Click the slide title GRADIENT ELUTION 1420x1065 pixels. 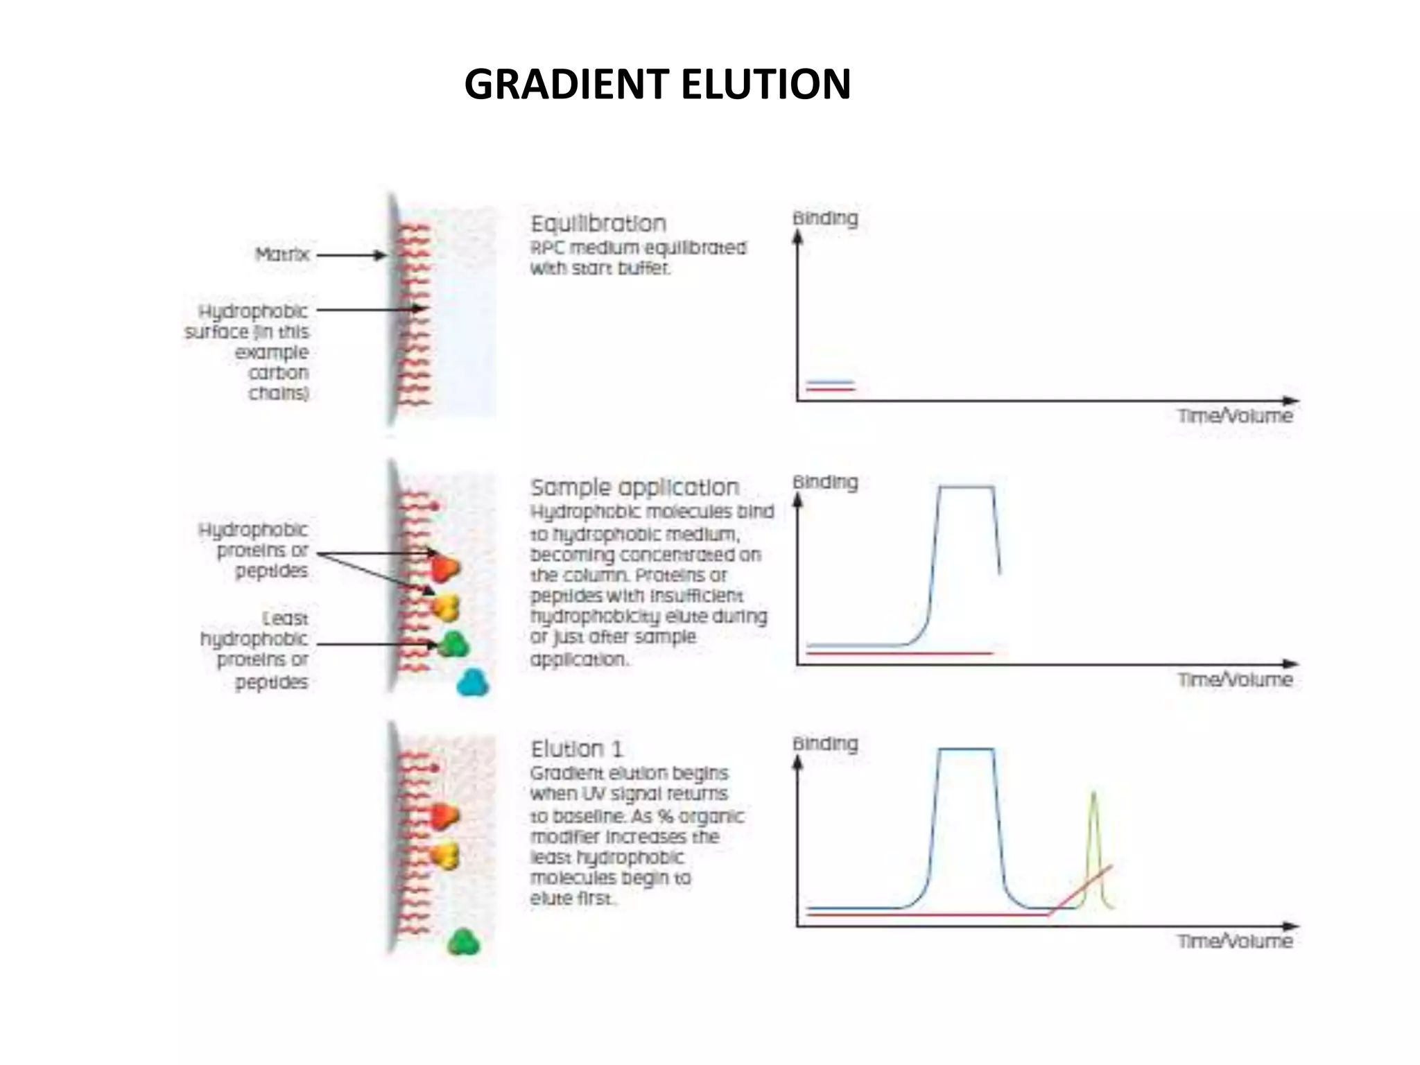tap(657, 85)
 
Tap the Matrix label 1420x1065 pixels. tap(282, 254)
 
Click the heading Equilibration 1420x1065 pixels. tap(598, 224)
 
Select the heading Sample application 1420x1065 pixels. tap(634, 487)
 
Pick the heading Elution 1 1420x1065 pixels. tap(577, 749)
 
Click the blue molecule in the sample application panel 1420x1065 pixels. tap(473, 683)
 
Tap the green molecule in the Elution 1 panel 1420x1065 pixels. tap(463, 942)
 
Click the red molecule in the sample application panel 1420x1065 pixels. tap(444, 568)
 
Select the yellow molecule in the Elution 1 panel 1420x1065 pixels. tap(445, 856)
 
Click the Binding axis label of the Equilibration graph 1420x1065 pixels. tap(825, 218)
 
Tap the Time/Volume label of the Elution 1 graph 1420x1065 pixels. tap(1235, 941)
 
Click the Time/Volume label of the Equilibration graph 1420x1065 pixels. tap(1235, 416)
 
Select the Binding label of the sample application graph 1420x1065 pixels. tap(825, 482)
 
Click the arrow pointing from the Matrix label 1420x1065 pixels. tap(350, 255)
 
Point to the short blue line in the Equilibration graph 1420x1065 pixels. tap(830, 381)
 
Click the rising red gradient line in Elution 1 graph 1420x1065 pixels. tap(1080, 890)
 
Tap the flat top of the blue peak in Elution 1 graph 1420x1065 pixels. tap(966, 749)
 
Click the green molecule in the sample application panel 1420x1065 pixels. tap(454, 645)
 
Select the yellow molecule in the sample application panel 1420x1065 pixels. tap(445, 607)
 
